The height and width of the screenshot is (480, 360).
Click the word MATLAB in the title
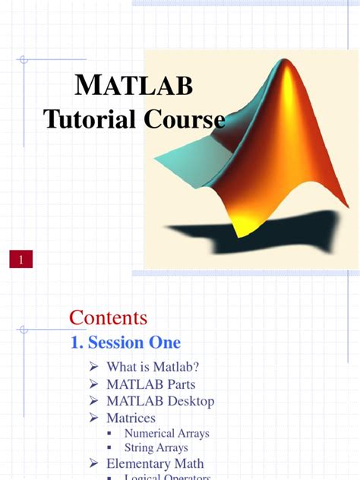coord(134,87)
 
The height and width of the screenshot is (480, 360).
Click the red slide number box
coord(21,261)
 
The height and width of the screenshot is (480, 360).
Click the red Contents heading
coord(108,317)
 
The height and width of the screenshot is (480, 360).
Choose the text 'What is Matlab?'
coord(152,368)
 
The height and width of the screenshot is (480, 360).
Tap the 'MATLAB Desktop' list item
coord(160,401)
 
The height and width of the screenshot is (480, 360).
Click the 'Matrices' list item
coord(131,418)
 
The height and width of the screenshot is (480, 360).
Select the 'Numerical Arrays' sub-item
coord(166,434)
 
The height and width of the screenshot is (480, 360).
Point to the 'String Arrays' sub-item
coord(155,448)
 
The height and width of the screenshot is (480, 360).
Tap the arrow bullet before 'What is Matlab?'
coord(93,368)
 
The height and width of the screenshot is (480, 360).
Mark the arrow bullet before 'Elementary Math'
coord(93,463)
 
